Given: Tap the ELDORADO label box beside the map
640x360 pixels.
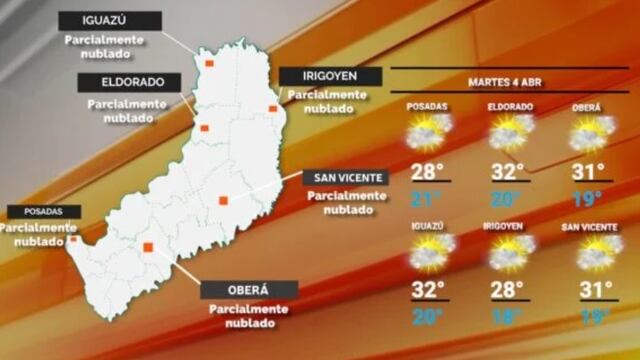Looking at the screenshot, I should [x=126, y=82].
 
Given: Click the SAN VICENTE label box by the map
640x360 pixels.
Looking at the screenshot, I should [x=344, y=178].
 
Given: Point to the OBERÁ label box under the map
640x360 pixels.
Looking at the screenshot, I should [x=249, y=290].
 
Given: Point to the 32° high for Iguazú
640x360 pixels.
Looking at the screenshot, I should [x=427, y=290].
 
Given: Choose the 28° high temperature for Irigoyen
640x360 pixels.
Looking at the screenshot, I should [x=508, y=290].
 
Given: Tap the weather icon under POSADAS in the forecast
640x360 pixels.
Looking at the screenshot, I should [x=428, y=133].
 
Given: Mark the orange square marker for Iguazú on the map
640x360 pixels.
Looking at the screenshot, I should [x=210, y=62].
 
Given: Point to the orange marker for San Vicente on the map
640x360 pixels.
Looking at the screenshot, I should [x=223, y=200].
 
